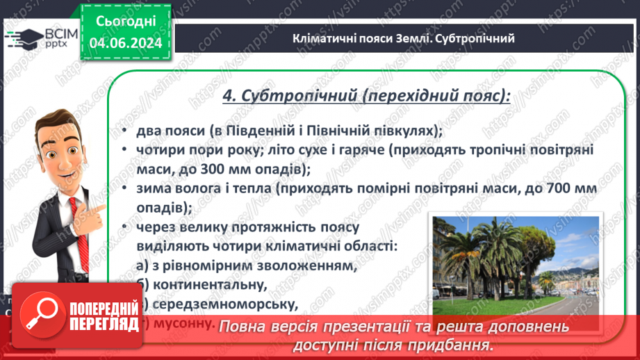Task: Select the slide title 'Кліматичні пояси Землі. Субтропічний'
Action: point(404,38)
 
